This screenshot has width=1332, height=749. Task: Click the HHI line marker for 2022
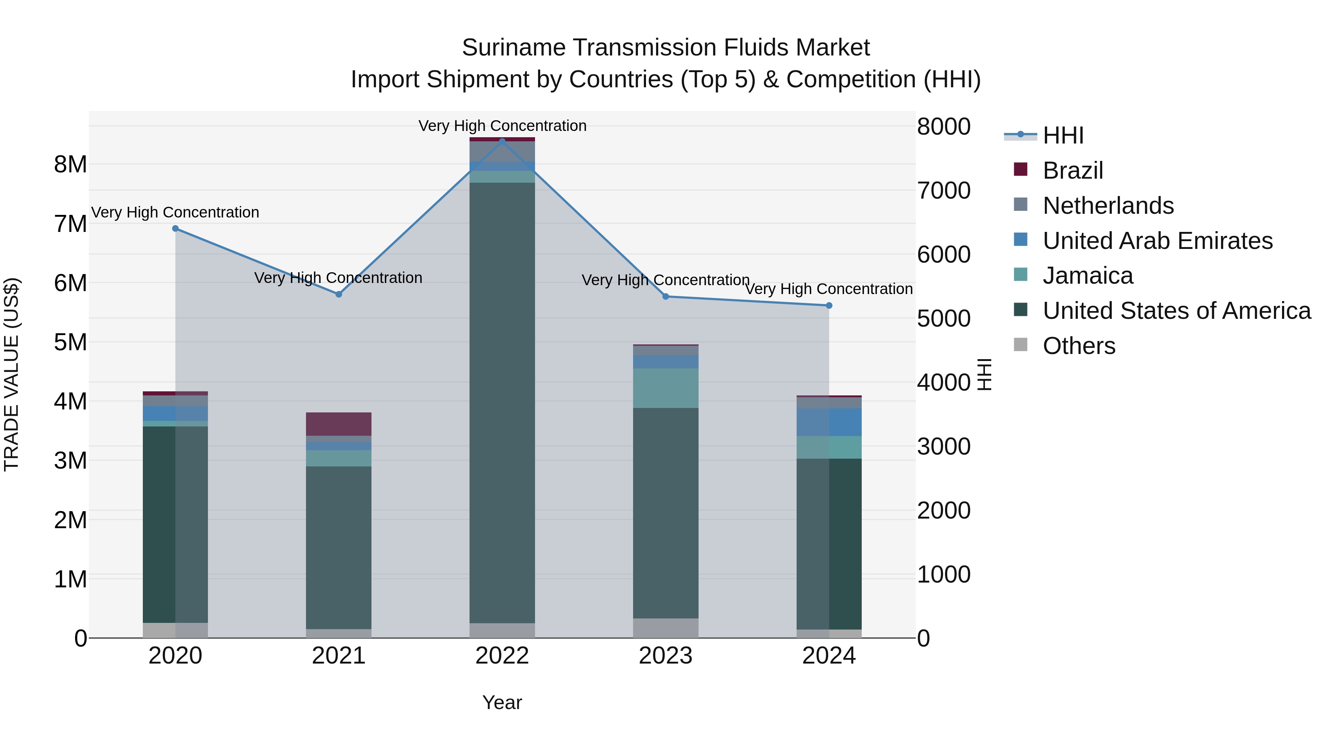tap(502, 141)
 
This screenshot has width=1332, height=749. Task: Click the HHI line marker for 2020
tap(175, 229)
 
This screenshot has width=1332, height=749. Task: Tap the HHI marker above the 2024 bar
tap(829, 306)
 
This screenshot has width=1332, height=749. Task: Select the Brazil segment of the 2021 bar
tap(339, 424)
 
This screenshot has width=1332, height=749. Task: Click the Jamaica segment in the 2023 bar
tap(666, 388)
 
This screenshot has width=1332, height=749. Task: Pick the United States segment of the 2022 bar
tap(502, 403)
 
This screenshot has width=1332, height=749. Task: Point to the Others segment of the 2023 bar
tap(666, 628)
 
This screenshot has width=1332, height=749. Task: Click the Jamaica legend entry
tap(1087, 276)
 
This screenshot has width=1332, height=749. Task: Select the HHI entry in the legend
tap(1063, 135)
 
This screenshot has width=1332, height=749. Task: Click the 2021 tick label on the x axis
tap(339, 656)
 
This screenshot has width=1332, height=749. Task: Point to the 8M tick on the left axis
tap(70, 164)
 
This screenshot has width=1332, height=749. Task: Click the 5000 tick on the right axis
tap(943, 318)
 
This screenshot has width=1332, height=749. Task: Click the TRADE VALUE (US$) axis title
tap(11, 374)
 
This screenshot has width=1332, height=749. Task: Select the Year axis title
tap(502, 702)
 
